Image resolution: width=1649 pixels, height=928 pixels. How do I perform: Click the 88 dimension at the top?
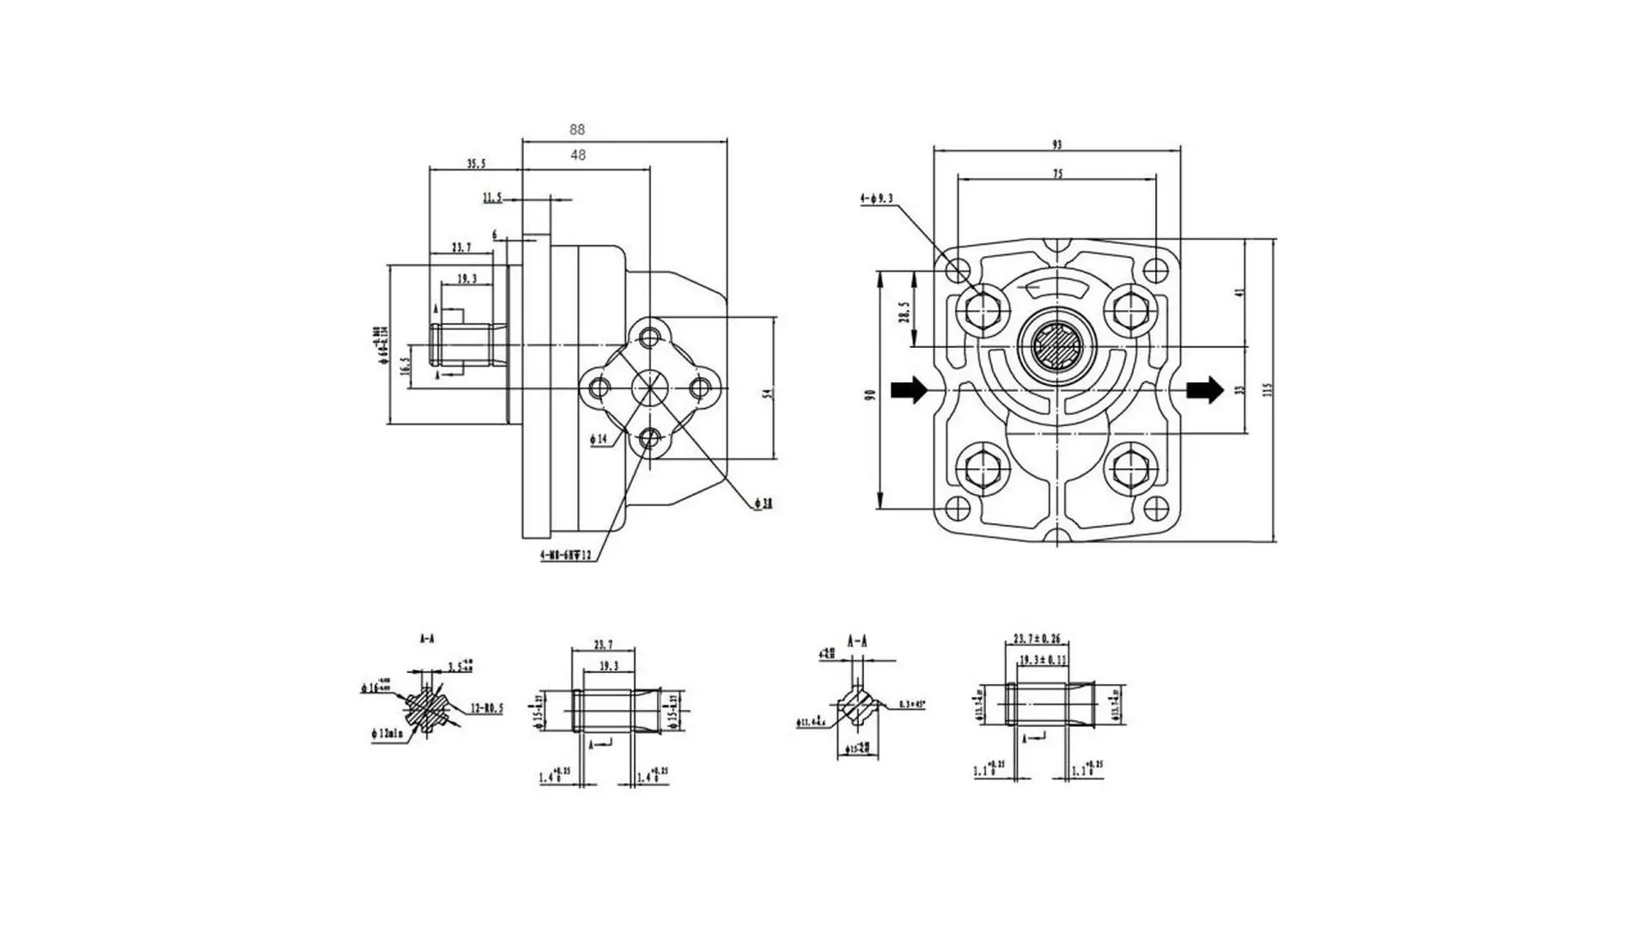coord(577,130)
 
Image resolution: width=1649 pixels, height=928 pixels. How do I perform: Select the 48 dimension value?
coord(578,156)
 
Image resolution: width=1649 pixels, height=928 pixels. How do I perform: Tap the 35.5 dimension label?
coord(477,163)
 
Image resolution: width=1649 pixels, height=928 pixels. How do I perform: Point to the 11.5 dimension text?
coord(492,198)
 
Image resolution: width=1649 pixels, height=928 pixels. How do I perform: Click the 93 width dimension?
coord(1056,144)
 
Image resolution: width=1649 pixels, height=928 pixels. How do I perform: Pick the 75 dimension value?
coord(1057,174)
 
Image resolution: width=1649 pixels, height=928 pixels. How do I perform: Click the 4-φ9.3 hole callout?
coord(876,198)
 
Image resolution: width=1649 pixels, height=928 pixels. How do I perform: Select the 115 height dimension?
coord(1267,389)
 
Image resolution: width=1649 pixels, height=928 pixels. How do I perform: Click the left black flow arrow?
coord(909,389)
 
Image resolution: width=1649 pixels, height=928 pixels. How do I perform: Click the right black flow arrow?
coord(1204,389)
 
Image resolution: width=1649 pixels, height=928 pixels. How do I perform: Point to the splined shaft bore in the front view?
coord(1056,346)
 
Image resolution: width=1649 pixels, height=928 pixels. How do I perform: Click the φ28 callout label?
coord(764,504)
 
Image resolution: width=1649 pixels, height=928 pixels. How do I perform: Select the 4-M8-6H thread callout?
coord(566,556)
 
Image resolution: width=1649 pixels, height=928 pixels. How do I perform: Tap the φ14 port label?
coord(599,439)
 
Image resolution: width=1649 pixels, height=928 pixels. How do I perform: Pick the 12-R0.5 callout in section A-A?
coord(486,710)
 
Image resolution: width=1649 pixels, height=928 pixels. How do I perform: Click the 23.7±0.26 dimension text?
coord(1037,638)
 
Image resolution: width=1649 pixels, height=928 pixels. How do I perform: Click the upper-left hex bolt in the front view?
coord(981,309)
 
